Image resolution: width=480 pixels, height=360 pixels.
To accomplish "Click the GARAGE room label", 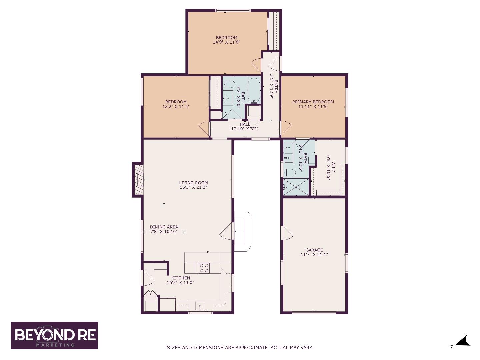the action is pyautogui.click(x=314, y=250).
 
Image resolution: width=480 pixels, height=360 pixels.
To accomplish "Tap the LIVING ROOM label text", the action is pyautogui.click(x=193, y=183).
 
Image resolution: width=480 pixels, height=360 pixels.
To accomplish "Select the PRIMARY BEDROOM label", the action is pyautogui.click(x=313, y=102).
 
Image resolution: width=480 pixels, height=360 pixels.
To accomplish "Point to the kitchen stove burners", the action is pyautogui.click(x=204, y=268).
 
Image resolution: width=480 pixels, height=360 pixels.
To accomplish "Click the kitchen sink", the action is pyautogui.click(x=199, y=306).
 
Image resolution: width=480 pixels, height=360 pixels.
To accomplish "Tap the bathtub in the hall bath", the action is pyautogui.click(x=254, y=90).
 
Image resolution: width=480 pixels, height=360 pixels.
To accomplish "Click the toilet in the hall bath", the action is pyautogui.click(x=229, y=84).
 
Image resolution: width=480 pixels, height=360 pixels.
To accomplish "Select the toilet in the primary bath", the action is pyautogui.click(x=290, y=173).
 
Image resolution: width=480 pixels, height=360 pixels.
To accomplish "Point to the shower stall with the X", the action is pyautogui.click(x=296, y=187).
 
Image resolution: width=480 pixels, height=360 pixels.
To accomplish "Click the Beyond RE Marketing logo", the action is pyautogui.click(x=54, y=335).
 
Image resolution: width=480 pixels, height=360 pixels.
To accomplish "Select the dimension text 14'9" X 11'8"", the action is pyautogui.click(x=227, y=42).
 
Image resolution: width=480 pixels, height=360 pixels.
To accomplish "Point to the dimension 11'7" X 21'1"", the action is pyautogui.click(x=314, y=254).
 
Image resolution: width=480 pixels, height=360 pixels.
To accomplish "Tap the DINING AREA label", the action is pyautogui.click(x=164, y=227).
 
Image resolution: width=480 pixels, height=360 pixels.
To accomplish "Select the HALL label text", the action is pyautogui.click(x=245, y=124).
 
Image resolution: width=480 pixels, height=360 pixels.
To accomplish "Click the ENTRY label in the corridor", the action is pyautogui.click(x=276, y=87).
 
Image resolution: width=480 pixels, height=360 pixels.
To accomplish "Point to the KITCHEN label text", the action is pyautogui.click(x=180, y=278).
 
